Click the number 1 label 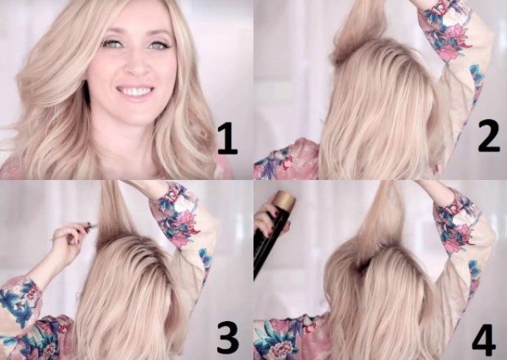228,138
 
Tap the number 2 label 489,136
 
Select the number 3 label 228,338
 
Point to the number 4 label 484,341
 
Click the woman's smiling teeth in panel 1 135,92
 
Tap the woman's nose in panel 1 137,67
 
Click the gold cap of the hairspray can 284,199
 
